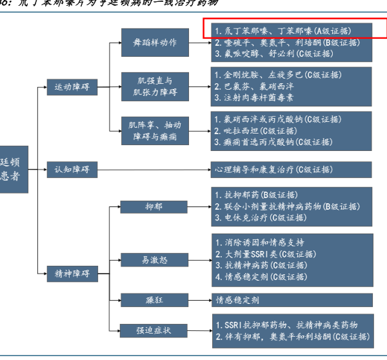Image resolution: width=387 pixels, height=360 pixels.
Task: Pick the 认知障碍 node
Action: pyautogui.click(x=72, y=170)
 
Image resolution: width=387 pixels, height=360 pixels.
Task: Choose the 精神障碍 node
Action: pyautogui.click(x=72, y=274)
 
